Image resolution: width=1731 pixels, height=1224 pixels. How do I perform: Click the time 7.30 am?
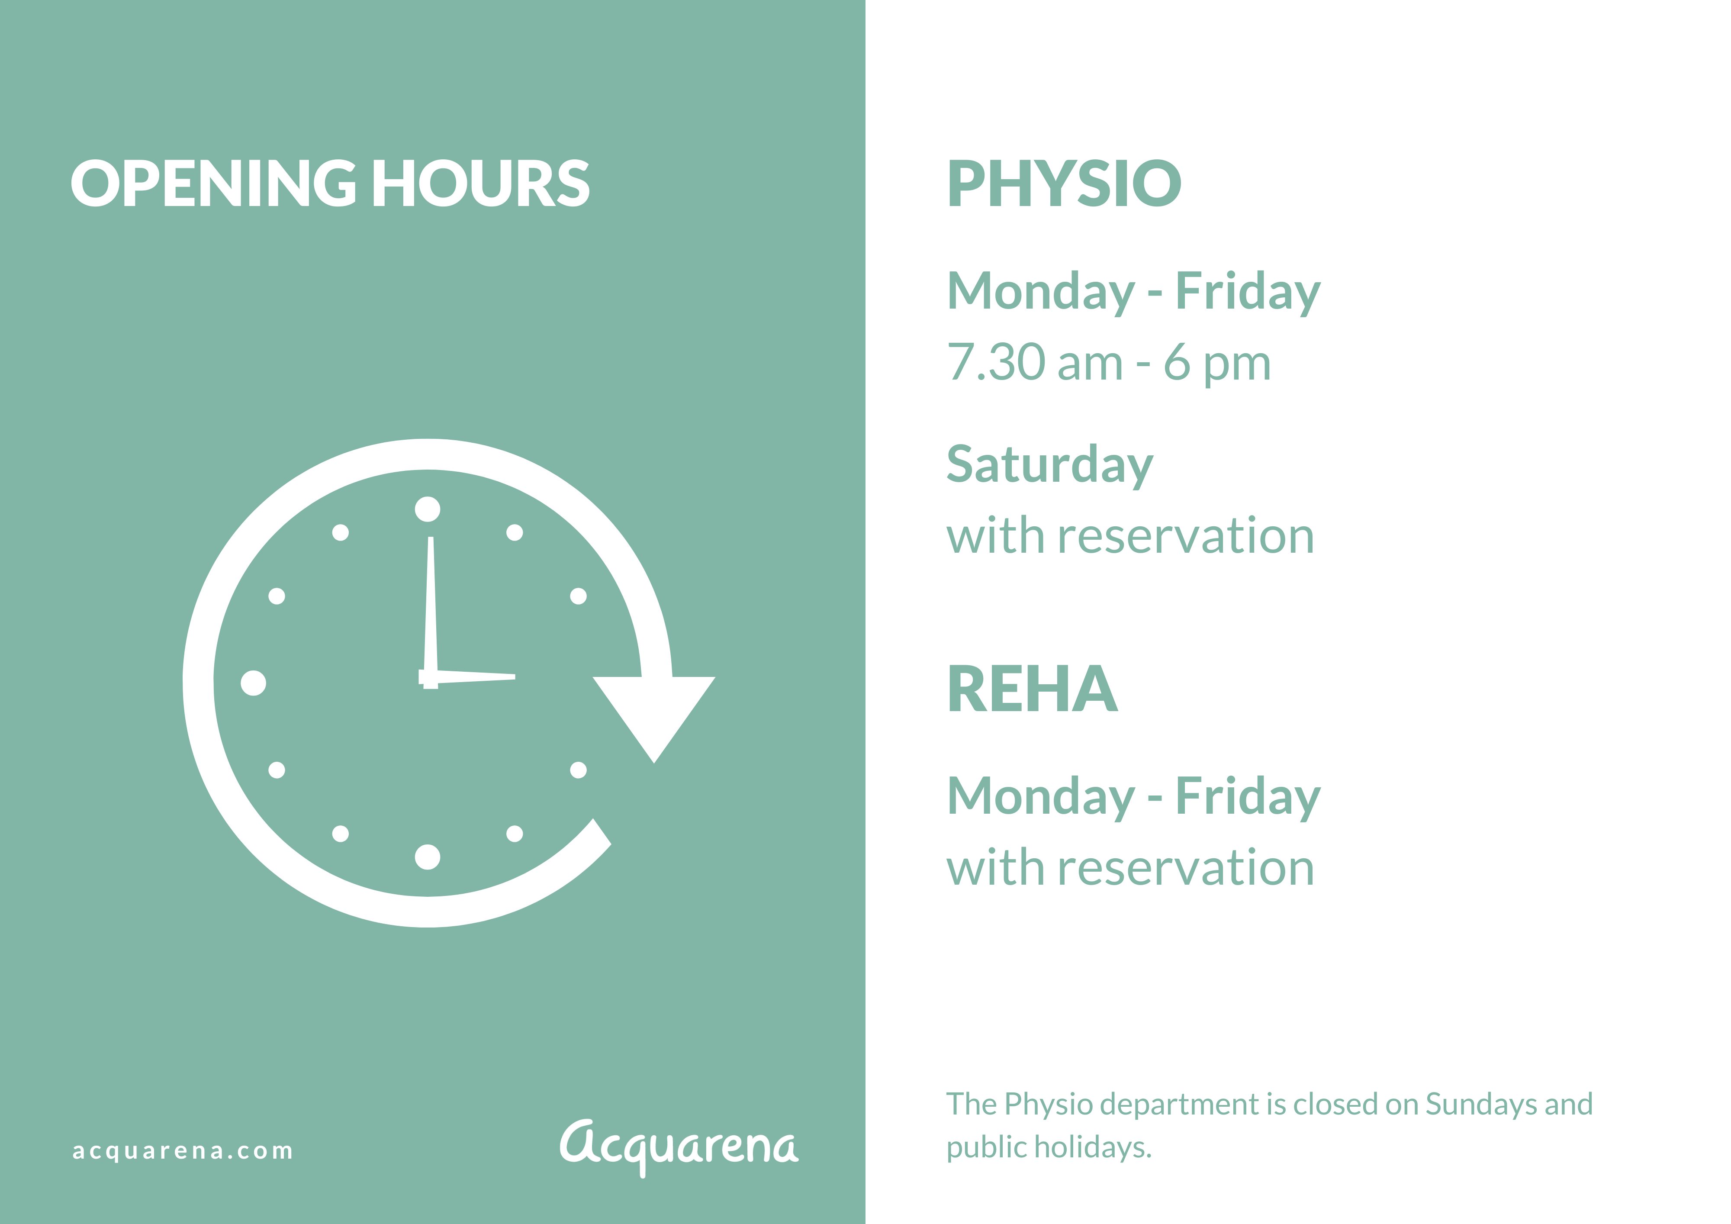point(1035,363)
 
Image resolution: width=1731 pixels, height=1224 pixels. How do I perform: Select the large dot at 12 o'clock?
point(428,509)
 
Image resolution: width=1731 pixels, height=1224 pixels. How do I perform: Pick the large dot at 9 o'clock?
point(253,683)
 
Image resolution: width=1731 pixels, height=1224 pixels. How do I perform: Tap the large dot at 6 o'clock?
point(428,857)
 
